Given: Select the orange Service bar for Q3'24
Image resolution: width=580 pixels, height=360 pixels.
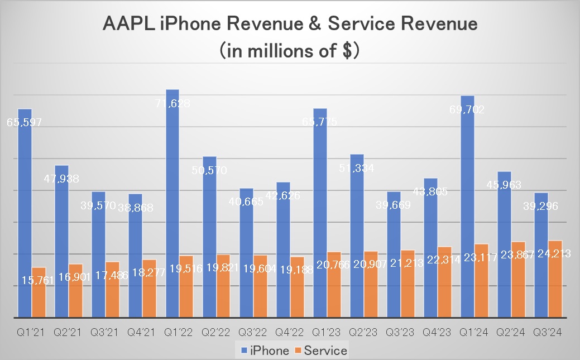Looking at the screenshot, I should [x=555, y=279].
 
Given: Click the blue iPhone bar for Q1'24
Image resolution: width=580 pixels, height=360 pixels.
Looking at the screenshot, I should [x=467, y=207].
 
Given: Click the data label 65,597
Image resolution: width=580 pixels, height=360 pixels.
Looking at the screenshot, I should [x=24, y=122].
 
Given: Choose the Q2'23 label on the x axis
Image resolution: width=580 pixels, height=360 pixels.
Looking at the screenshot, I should [x=363, y=333].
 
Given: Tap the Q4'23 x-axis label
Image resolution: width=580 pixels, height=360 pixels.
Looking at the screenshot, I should [x=437, y=333].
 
